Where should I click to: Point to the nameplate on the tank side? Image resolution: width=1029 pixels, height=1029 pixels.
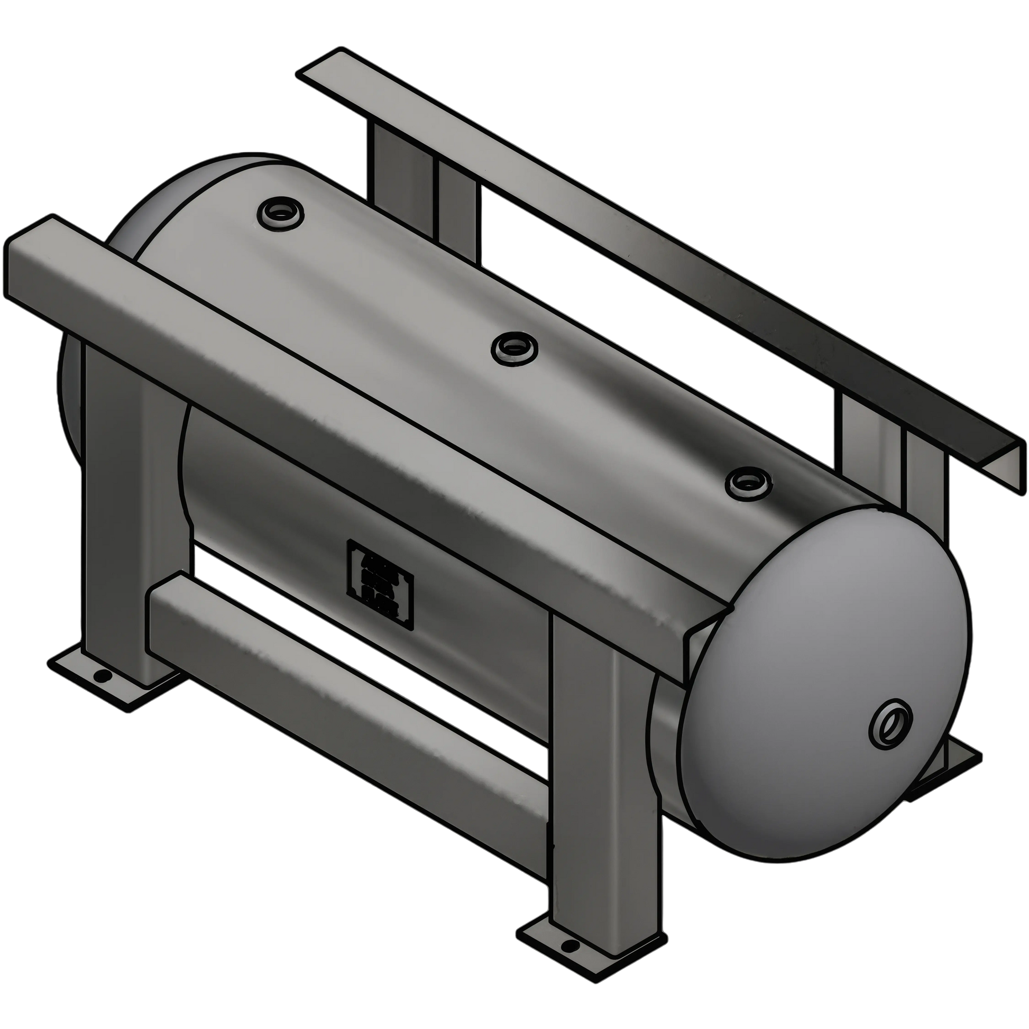coord(380,585)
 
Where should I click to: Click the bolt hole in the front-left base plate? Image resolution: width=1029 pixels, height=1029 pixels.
coord(100,676)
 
